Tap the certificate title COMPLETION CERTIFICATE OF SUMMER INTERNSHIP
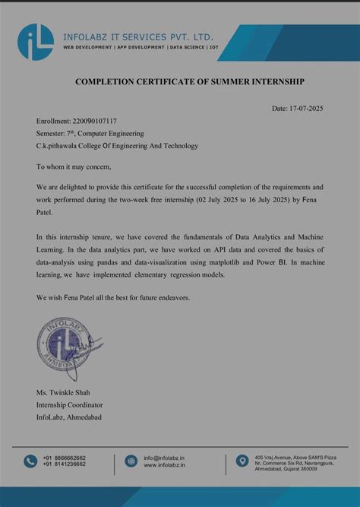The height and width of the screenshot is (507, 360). pyautogui.click(x=178, y=81)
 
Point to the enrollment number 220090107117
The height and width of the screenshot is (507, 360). pyautogui.click(x=95, y=121)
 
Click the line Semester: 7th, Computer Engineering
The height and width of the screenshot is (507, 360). pyautogui.click(x=90, y=133)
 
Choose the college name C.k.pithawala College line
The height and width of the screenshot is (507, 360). pyautogui.click(x=116, y=145)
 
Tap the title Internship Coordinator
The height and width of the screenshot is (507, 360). pyautogui.click(x=69, y=406)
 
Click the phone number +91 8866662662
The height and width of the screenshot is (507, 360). pyautogui.click(x=64, y=458)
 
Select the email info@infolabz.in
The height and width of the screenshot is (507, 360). pyautogui.click(x=164, y=458)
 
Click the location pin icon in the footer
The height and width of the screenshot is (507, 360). pyautogui.click(x=242, y=461)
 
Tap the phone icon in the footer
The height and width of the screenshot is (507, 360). pyautogui.click(x=30, y=461)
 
